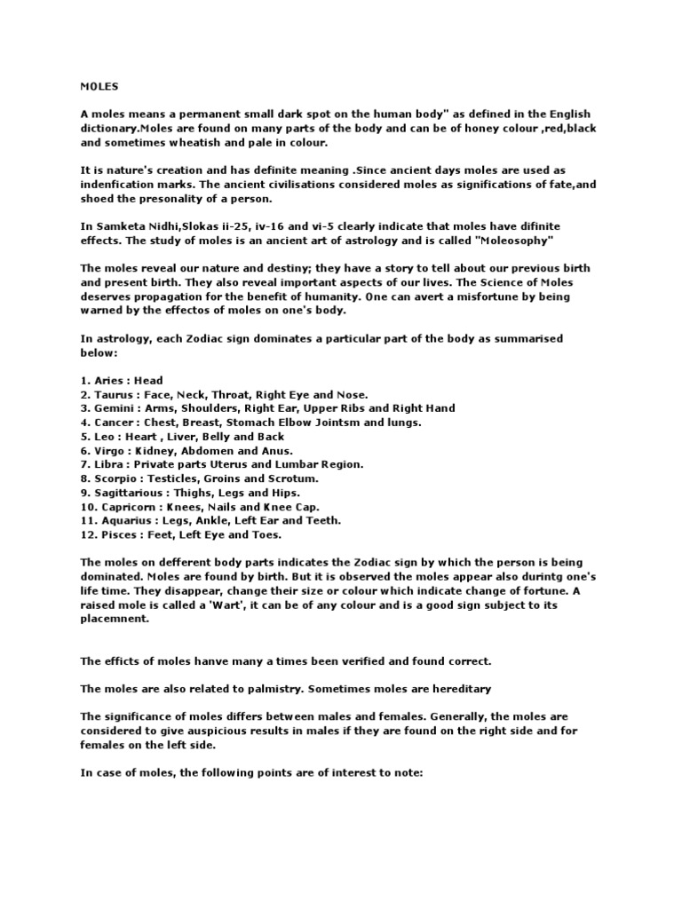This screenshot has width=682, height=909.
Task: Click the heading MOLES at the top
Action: (99, 87)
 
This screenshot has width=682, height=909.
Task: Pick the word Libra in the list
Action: (110, 463)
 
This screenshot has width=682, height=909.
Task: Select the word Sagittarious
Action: (129, 492)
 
